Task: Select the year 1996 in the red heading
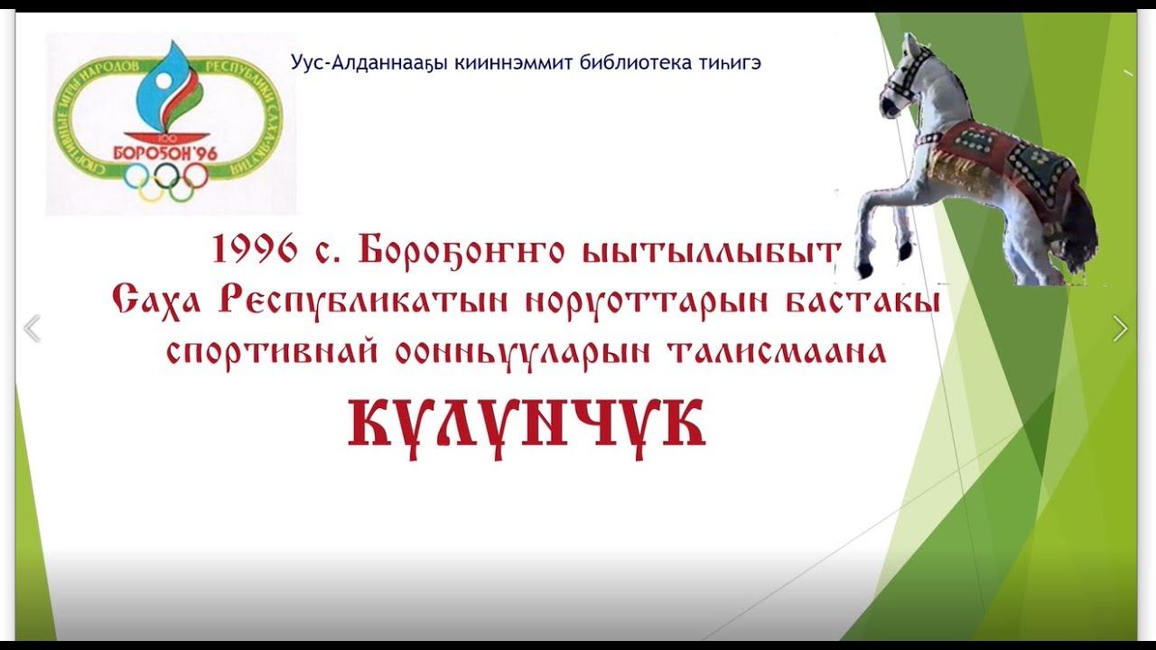coord(256,250)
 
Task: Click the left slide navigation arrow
coord(32,329)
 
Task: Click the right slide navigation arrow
coord(1120,329)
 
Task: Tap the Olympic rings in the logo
coord(167,180)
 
